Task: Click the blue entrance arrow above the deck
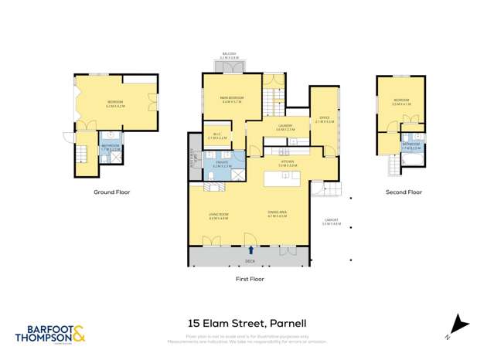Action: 251,250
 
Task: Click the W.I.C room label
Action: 217,138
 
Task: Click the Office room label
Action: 325,120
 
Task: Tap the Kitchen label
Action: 288,165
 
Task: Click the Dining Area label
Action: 277,216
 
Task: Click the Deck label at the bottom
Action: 250,260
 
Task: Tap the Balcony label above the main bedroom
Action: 229,56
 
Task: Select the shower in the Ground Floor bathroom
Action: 116,157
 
